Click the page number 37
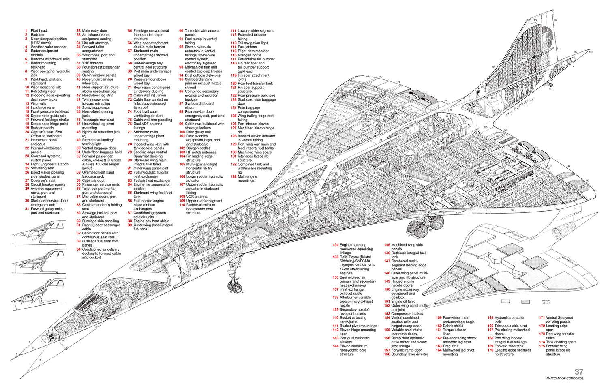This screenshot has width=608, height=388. (579, 371)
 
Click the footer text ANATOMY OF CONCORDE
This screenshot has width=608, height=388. (565, 379)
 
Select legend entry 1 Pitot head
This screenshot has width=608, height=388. (39, 31)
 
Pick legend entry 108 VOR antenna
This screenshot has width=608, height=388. (197, 197)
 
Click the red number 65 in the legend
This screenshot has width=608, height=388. (130, 31)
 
